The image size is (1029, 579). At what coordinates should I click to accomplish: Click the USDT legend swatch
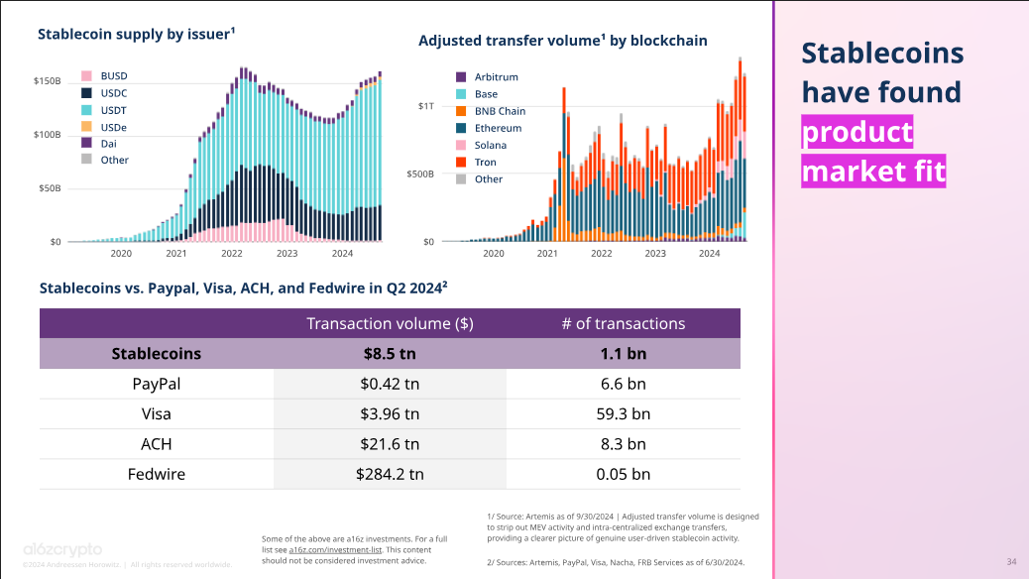tap(86, 110)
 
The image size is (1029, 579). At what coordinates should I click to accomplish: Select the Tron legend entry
tap(485, 163)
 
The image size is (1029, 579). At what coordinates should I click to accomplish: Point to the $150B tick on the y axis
tap(48, 80)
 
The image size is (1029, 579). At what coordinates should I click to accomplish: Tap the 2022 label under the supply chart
tap(232, 254)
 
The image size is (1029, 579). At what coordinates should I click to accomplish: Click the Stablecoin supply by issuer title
tap(136, 34)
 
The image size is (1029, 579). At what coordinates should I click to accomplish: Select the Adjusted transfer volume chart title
tap(562, 41)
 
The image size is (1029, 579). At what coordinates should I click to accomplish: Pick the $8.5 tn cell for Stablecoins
tap(390, 353)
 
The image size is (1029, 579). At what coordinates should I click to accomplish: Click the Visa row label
tap(156, 413)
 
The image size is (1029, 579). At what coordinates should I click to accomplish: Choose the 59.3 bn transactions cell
tap(623, 413)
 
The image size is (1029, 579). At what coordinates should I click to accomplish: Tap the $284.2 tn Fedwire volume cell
tap(390, 474)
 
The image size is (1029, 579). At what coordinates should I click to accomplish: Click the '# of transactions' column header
tap(623, 323)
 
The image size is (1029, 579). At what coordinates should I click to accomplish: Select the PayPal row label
tap(156, 384)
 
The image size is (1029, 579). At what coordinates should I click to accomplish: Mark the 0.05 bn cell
tap(623, 474)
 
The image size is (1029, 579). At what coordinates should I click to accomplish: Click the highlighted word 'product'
tap(857, 132)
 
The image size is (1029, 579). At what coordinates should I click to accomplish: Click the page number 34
tap(1011, 562)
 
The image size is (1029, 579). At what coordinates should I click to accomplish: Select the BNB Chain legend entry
tap(500, 111)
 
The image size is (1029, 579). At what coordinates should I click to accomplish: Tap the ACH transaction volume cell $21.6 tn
tap(390, 444)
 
